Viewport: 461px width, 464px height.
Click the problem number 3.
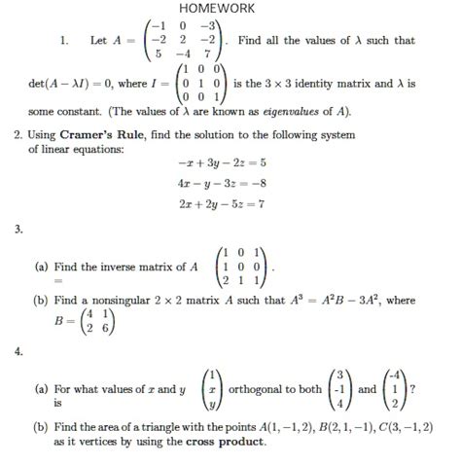(18, 230)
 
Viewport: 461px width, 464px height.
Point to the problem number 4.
(18, 352)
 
